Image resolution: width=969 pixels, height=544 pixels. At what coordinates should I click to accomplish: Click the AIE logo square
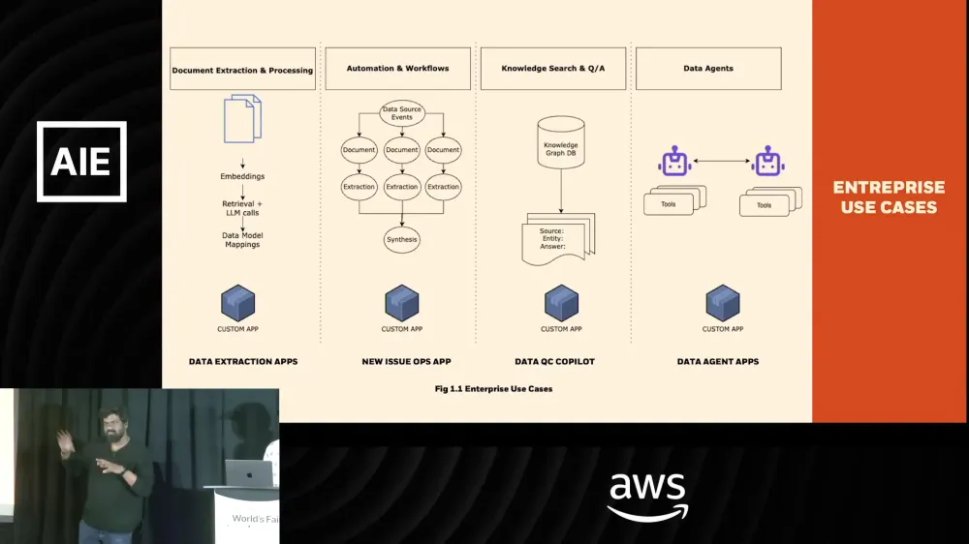pyautogui.click(x=81, y=162)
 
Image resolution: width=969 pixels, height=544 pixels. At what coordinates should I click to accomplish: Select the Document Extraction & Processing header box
pyautogui.click(x=242, y=70)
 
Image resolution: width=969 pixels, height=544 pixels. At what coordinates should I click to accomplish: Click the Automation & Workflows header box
pyautogui.click(x=398, y=69)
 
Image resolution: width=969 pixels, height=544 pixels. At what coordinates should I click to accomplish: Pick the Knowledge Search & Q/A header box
pyautogui.click(x=552, y=69)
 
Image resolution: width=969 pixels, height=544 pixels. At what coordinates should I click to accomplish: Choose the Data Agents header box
pyautogui.click(x=708, y=69)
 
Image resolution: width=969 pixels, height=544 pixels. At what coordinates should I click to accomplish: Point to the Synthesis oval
pyautogui.click(x=401, y=239)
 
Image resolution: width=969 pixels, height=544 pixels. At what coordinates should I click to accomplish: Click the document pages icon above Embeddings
pyautogui.click(x=242, y=119)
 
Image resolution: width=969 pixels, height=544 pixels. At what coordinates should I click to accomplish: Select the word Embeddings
pyautogui.click(x=242, y=176)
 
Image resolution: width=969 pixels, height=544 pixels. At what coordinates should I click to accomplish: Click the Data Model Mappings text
pyautogui.click(x=242, y=240)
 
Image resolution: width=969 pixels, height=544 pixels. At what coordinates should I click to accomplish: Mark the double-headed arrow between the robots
pyautogui.click(x=723, y=161)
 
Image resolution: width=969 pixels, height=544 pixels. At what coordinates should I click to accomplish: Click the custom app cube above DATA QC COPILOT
pyautogui.click(x=561, y=303)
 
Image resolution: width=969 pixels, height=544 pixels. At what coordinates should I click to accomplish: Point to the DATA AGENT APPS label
pyautogui.click(x=717, y=361)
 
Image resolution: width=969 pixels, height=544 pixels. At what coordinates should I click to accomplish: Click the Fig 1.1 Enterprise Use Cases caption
pyautogui.click(x=493, y=389)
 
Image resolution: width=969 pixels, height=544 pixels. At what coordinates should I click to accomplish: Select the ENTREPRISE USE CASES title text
pyautogui.click(x=889, y=196)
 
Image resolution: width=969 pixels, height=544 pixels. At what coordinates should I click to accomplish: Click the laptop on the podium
pyautogui.click(x=248, y=472)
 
